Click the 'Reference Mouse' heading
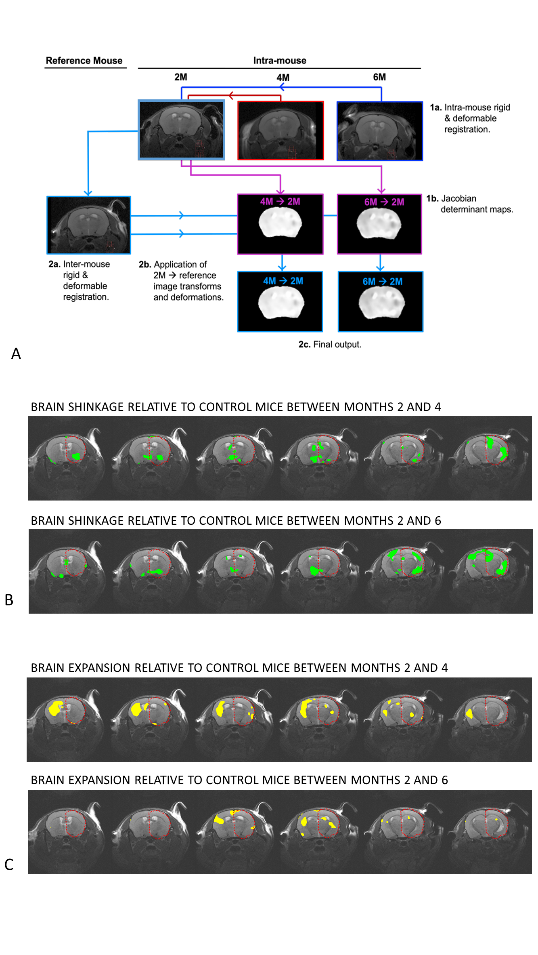pos(84,61)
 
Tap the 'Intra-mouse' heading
pos(279,61)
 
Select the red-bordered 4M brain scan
pos(281,130)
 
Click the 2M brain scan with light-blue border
pos(181,130)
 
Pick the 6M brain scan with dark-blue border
pos(380,131)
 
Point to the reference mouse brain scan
pos(89,225)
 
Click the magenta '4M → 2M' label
pos(280,202)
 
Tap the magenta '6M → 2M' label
pos(384,202)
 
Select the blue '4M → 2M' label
pos(283,281)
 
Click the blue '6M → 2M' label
pos(382,282)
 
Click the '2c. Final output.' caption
pos(330,345)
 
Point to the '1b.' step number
pos(432,199)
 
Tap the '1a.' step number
pos(435,107)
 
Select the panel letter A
pos(16,354)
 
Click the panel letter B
pos(9,600)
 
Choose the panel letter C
pos(9,865)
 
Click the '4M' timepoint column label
pos(283,78)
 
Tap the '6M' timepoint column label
pos(379,77)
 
